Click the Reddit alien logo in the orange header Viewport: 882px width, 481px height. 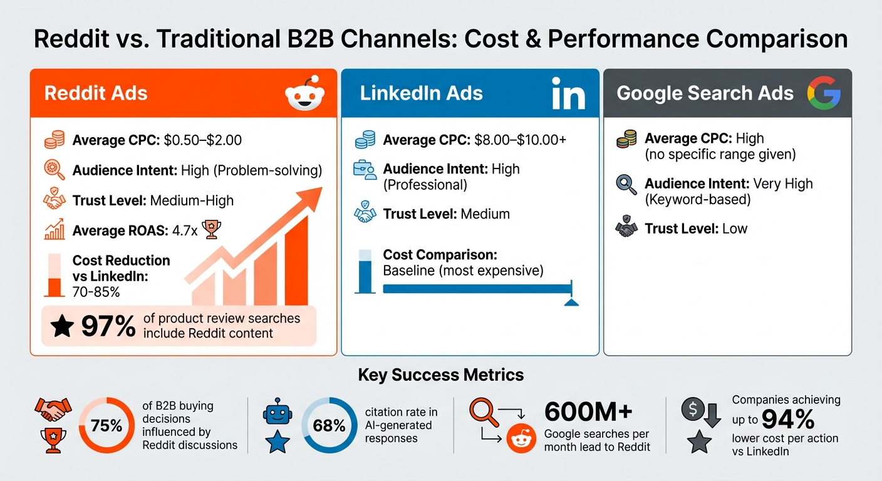click(x=305, y=94)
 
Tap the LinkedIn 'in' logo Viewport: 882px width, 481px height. click(x=568, y=94)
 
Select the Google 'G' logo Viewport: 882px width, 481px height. click(x=822, y=94)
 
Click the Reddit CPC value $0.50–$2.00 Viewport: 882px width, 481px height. click(x=202, y=140)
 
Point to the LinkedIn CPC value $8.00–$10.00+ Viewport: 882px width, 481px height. click(x=520, y=140)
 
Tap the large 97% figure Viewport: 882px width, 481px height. click(x=108, y=326)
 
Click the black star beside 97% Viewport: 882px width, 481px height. click(x=62, y=326)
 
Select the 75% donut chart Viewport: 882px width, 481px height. click(x=106, y=427)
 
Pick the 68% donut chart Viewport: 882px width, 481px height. click(x=329, y=427)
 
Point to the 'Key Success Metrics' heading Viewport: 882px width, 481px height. click(x=441, y=375)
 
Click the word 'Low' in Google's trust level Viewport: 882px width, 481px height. click(x=735, y=229)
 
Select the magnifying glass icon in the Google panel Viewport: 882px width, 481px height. click(x=626, y=184)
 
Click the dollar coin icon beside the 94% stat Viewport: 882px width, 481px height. click(x=693, y=409)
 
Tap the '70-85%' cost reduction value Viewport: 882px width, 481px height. click(x=96, y=292)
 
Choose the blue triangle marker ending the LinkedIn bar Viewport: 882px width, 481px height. click(x=571, y=303)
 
